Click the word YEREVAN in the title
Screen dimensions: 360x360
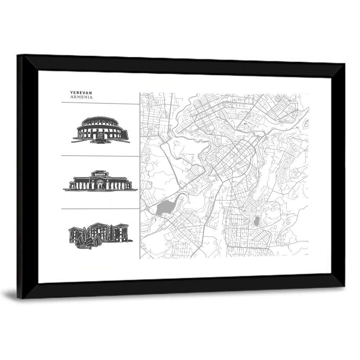(x=81, y=93)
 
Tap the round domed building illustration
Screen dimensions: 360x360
(x=101, y=130)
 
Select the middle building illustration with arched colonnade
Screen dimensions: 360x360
(x=100, y=181)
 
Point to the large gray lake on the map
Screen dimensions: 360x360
(x=165, y=207)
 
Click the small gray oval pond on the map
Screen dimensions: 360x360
(x=256, y=221)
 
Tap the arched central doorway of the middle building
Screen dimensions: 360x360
(x=100, y=185)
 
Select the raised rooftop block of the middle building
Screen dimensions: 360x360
(x=100, y=174)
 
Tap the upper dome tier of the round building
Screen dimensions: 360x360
(x=101, y=120)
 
